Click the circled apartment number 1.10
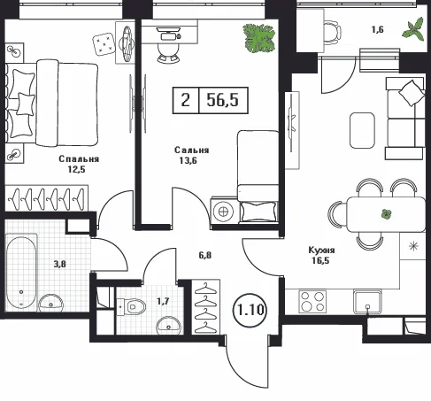click(x=250, y=310)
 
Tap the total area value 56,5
click(x=223, y=100)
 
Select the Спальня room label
click(x=79, y=158)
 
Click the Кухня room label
click(x=321, y=251)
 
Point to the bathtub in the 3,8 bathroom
click(x=21, y=273)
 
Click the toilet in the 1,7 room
click(x=132, y=306)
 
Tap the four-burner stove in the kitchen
click(x=312, y=302)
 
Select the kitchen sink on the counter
click(x=367, y=302)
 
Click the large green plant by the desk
click(x=259, y=38)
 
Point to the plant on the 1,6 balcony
click(x=413, y=28)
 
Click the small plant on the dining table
click(x=386, y=214)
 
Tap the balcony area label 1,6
click(x=378, y=30)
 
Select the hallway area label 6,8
click(x=205, y=255)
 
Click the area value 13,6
click(x=189, y=160)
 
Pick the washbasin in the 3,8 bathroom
click(x=50, y=303)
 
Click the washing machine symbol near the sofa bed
click(x=223, y=212)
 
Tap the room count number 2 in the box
click(x=186, y=100)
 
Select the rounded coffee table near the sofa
click(x=362, y=130)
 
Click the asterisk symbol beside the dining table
click(x=413, y=246)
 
